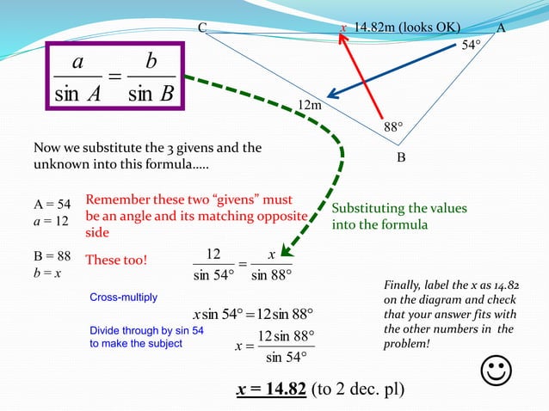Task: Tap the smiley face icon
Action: pyautogui.click(x=497, y=372)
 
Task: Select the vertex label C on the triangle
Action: pyautogui.click(x=202, y=28)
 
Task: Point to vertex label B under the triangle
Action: pyautogui.click(x=401, y=158)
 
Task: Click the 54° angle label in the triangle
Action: pyautogui.click(x=470, y=46)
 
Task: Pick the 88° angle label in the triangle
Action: pyautogui.click(x=393, y=127)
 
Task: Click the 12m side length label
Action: pyautogui.click(x=309, y=105)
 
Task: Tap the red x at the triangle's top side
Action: pyautogui.click(x=343, y=28)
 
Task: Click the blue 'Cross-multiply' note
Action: pyautogui.click(x=124, y=298)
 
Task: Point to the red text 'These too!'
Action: pyautogui.click(x=117, y=260)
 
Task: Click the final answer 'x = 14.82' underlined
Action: pyautogui.click(x=271, y=389)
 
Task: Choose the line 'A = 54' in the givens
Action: pyautogui.click(x=52, y=204)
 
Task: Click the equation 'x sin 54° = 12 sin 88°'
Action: pyautogui.click(x=253, y=313)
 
